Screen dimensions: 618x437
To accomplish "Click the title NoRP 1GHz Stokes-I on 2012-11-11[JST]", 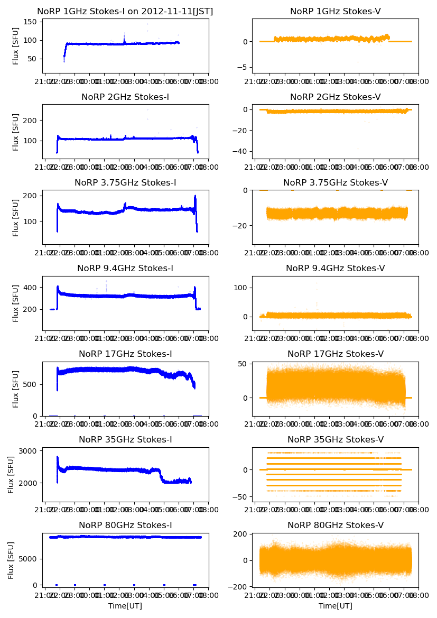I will (125, 11).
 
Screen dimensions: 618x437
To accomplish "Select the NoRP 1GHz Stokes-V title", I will (335, 11).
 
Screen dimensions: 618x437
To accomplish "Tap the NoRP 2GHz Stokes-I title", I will (125, 97).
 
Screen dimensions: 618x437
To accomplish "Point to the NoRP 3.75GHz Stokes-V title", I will (335, 182).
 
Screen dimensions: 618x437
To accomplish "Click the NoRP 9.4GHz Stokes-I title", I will (125, 268).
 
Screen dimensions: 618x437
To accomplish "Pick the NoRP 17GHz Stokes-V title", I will (335, 354).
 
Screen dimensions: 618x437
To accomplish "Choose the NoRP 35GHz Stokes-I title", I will (125, 439).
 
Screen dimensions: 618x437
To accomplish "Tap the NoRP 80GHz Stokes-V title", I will (335, 525).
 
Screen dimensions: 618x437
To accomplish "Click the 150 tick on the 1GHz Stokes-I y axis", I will (31, 22).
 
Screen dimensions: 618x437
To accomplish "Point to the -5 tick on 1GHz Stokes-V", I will (244, 67).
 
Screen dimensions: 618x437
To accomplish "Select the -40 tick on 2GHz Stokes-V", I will (241, 151).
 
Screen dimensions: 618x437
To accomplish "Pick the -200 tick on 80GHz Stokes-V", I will (239, 587).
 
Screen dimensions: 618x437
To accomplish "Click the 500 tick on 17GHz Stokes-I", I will (31, 384).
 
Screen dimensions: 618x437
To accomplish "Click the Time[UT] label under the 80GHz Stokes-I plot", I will (125, 606).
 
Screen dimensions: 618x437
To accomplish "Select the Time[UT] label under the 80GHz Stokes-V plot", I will (335, 606).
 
